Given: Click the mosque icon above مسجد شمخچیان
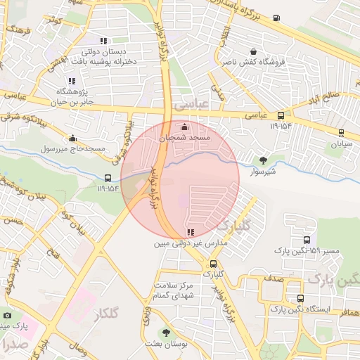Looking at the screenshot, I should (x=185, y=127).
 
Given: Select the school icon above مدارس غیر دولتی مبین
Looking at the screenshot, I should (x=190, y=233).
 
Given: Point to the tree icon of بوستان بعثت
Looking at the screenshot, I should (x=167, y=333).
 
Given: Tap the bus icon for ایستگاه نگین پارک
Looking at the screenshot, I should (x=300, y=298).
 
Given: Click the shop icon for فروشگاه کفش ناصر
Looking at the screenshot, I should (x=253, y=51).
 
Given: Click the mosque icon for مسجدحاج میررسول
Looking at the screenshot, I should (x=72, y=139).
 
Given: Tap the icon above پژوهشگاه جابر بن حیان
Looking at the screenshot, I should (x=72, y=81).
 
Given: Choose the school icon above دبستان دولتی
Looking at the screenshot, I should (x=104, y=41).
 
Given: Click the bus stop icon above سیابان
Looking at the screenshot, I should (x=341, y=131).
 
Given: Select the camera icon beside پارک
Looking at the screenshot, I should (x=7, y=316).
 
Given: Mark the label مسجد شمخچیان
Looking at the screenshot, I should (x=185, y=139).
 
